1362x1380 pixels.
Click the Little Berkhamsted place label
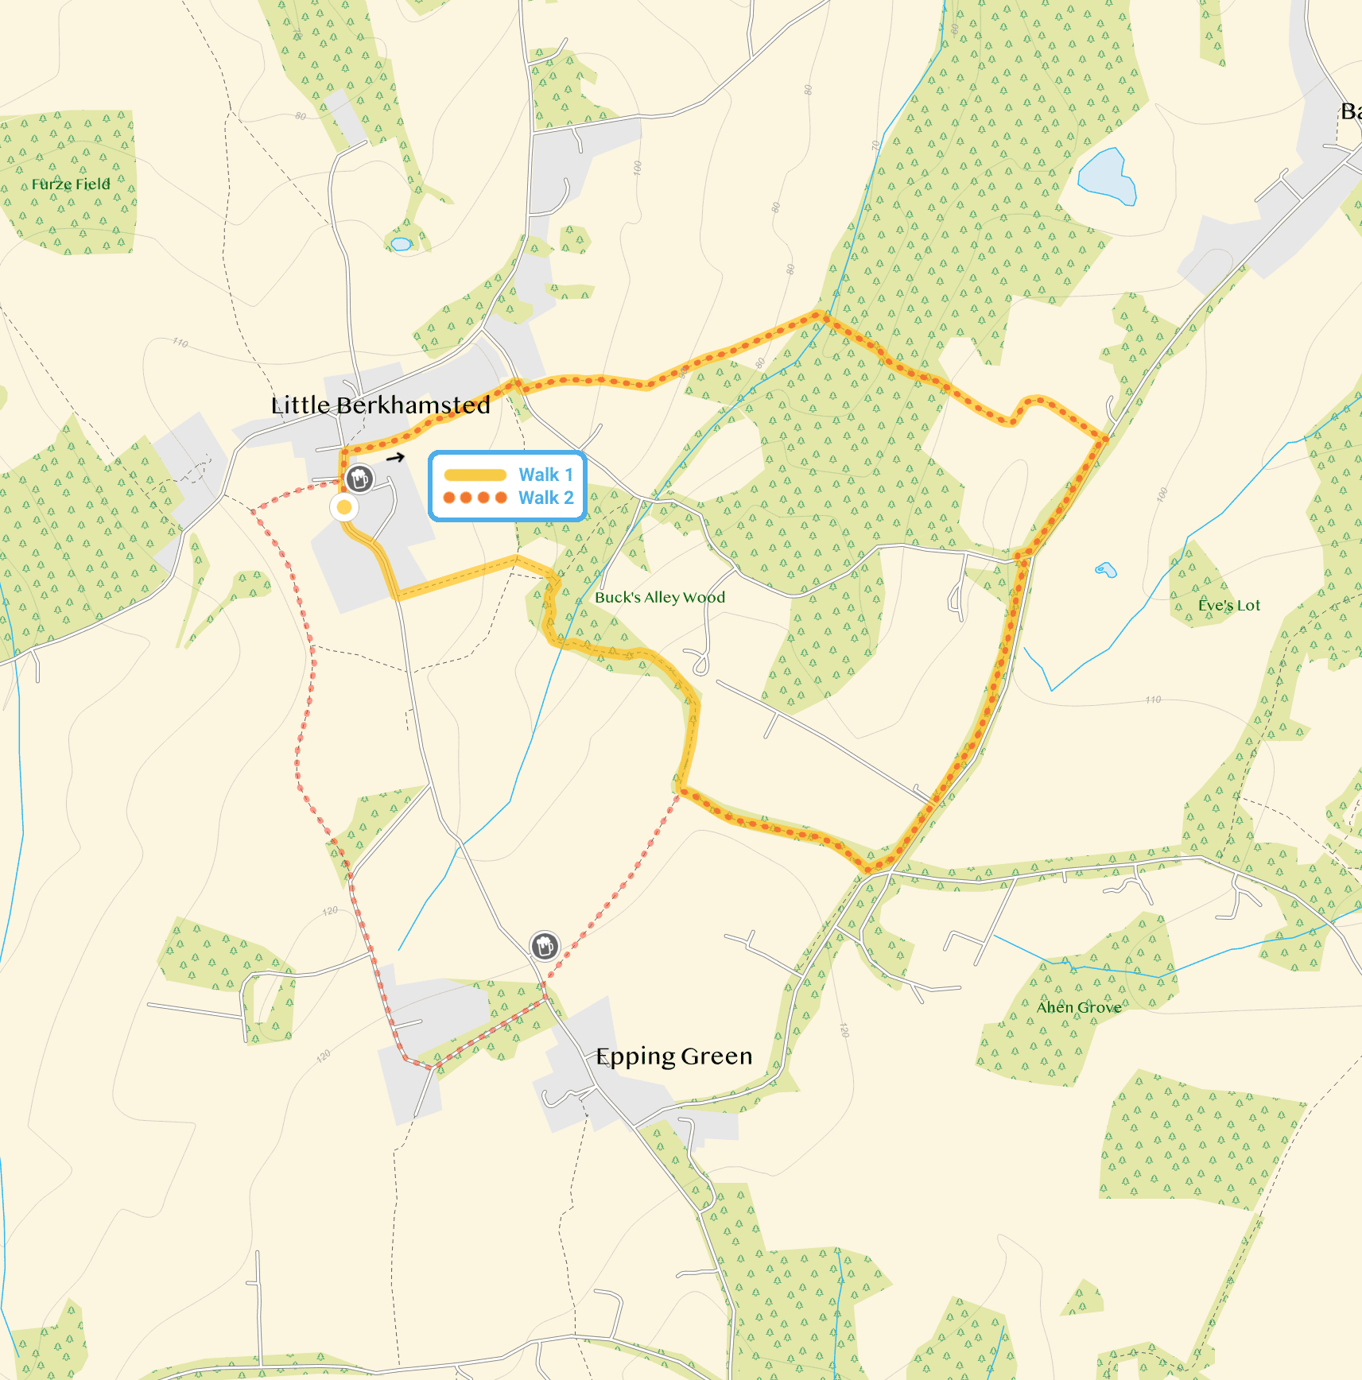[380, 405]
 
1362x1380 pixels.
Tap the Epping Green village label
[673, 1056]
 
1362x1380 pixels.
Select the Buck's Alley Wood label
[660, 598]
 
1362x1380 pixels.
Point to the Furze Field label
[71, 184]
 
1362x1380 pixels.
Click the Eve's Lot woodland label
[1228, 606]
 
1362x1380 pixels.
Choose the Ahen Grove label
[1078, 1008]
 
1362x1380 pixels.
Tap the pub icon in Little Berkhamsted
[359, 479]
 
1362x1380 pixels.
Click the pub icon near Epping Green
[545, 946]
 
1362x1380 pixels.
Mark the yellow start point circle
[344, 506]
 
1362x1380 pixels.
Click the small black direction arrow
[395, 457]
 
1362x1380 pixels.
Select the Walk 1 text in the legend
[545, 475]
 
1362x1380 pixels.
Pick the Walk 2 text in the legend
[545, 498]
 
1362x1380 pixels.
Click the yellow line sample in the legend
[475, 475]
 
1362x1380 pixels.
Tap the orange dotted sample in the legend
[475, 498]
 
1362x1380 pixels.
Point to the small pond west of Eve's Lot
[1105, 569]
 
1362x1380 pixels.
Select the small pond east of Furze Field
[401, 244]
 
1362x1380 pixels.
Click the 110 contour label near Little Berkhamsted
[180, 343]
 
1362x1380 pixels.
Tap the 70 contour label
[875, 146]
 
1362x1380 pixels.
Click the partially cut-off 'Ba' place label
[1351, 111]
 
